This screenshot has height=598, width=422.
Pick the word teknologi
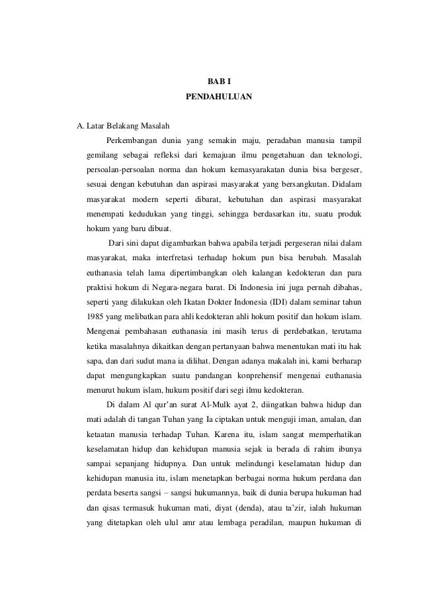pyautogui.click(x=341, y=155)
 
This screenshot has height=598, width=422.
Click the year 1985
pyautogui.click(x=97, y=315)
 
